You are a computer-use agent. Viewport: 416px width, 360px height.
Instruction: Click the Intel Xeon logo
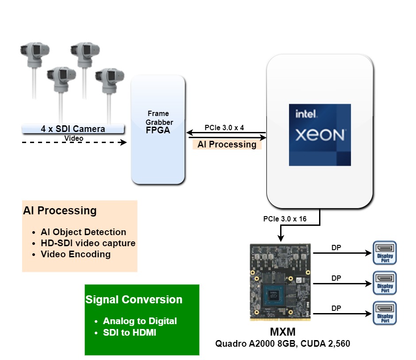[320, 135]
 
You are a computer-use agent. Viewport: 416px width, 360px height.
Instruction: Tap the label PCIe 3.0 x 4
[224, 128]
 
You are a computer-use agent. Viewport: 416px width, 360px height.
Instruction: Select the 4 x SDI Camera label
[73, 129]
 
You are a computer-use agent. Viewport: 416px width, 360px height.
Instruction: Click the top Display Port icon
[385, 253]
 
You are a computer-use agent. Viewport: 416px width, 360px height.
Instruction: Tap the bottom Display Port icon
[385, 314]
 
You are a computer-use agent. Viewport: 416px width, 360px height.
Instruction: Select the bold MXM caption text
[283, 332]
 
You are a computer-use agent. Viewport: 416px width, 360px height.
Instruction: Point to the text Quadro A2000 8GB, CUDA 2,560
[282, 344]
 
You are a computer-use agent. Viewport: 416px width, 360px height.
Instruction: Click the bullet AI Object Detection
[83, 232]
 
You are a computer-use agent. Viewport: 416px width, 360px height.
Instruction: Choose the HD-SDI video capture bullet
[88, 243]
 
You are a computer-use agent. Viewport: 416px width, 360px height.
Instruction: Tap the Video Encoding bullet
[75, 254]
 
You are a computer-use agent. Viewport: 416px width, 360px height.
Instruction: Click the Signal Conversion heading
[134, 300]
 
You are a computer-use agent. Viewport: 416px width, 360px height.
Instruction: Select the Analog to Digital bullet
[139, 321]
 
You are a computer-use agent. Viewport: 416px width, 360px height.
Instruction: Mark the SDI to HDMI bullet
[129, 333]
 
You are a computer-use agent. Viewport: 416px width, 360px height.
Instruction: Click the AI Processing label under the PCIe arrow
[227, 144]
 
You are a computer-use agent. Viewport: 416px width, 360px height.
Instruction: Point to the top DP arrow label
[336, 248]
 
